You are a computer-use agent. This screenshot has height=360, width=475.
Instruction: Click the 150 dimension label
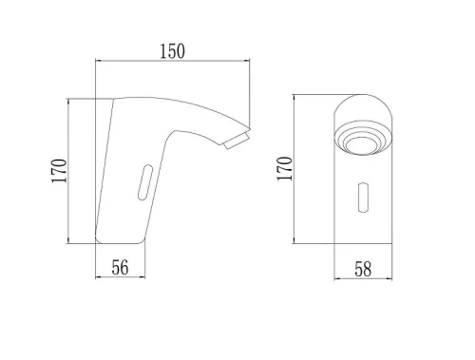pyautogui.click(x=172, y=51)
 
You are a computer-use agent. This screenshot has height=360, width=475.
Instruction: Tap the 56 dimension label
pyautogui.click(x=120, y=268)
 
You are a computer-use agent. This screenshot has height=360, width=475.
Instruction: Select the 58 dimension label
pyautogui.click(x=363, y=270)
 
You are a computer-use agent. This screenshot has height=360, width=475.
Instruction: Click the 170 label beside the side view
pyautogui.click(x=59, y=171)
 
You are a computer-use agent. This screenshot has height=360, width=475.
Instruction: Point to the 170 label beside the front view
pyautogui.click(x=284, y=169)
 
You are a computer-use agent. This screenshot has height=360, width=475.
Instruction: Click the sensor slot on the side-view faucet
pyautogui.click(x=145, y=182)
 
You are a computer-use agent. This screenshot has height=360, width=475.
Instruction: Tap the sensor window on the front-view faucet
pyautogui.click(x=363, y=198)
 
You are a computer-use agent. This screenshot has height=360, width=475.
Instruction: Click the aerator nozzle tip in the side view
pyautogui.click(x=237, y=142)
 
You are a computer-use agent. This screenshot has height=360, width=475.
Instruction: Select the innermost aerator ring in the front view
pyautogui.click(x=363, y=146)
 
